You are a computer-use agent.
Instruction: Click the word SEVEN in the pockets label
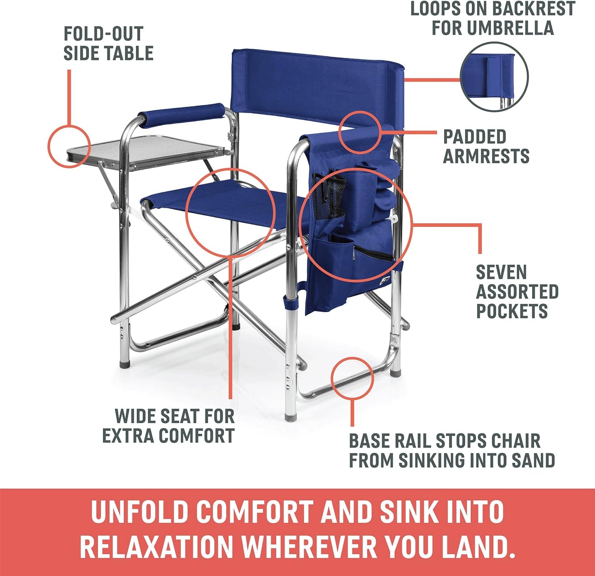(501, 273)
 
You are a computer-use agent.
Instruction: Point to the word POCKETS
(512, 311)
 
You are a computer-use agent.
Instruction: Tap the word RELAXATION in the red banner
(156, 547)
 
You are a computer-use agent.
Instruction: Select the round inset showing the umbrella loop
(494, 76)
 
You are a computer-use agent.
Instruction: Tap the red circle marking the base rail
(352, 378)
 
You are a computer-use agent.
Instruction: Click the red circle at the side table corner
(69, 146)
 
